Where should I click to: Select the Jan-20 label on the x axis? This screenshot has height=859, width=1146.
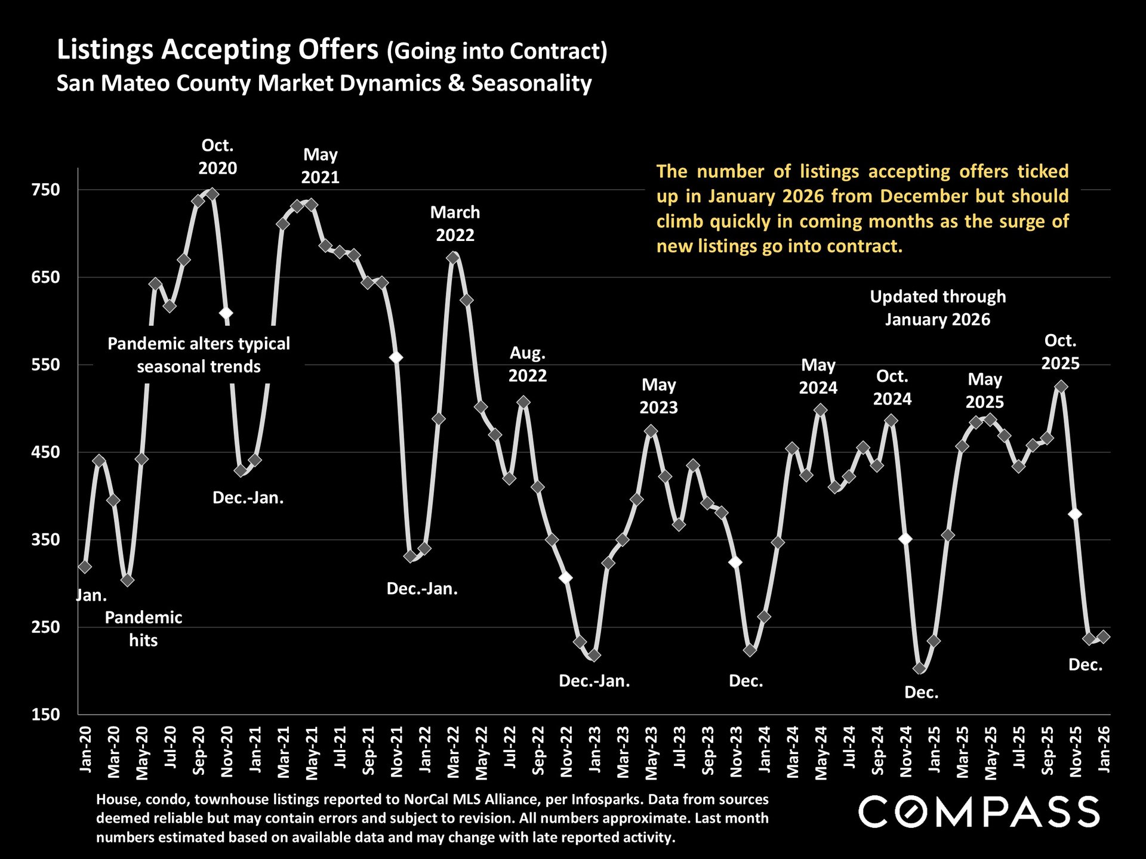(86, 749)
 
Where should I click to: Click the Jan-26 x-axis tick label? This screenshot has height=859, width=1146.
(1104, 749)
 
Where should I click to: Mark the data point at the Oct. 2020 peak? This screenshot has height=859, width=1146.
(212, 194)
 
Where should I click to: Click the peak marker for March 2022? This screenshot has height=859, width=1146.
(453, 258)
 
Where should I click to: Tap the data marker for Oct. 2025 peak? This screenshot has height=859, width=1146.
(1061, 387)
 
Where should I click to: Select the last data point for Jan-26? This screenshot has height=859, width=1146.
(1104, 636)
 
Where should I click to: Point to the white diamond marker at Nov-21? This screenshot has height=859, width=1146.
(396, 357)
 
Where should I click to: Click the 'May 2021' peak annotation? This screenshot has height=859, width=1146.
(320, 166)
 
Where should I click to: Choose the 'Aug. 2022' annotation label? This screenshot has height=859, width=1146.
(528, 364)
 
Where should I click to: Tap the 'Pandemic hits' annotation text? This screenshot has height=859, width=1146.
(143, 629)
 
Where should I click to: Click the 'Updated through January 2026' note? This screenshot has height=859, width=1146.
(937, 308)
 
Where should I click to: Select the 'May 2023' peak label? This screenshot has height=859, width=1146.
(658, 396)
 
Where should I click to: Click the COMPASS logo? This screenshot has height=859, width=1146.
(979, 812)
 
